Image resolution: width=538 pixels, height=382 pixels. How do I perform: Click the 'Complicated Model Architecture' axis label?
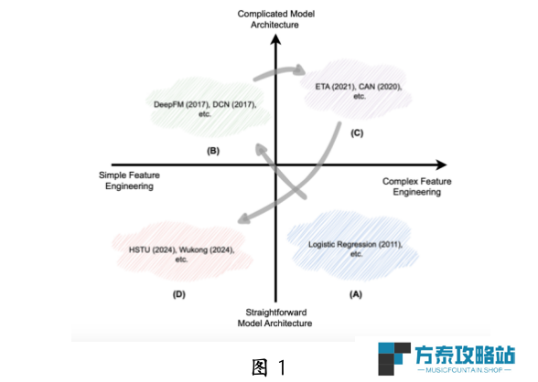coord(276,19)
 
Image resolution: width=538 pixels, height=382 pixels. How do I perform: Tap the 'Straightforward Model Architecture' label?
coord(274,318)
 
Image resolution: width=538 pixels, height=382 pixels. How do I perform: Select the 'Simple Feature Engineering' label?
coord(129,181)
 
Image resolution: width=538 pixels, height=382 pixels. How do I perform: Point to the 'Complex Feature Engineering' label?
coord(417,186)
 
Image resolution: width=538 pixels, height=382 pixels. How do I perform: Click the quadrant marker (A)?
coord(356,294)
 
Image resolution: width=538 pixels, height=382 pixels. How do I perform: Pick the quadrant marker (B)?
coord(213,151)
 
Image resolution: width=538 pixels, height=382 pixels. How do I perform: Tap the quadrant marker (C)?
coord(357,133)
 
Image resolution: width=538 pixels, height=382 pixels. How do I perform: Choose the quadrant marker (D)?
coord(179,294)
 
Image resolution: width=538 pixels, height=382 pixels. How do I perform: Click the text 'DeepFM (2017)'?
coord(181,104)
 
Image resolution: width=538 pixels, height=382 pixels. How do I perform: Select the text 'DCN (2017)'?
coord(234,104)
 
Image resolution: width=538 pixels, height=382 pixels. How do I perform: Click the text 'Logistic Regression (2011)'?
coord(355,244)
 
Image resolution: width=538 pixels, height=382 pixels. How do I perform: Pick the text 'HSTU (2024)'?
coord(152,249)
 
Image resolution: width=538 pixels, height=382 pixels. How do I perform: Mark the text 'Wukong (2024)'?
coord(207,249)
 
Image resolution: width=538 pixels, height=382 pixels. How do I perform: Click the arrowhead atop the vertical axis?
coord(275,39)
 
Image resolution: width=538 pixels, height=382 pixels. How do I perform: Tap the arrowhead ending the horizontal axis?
coord(442,164)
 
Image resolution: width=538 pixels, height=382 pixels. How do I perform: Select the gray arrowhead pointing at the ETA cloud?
coord(300,69)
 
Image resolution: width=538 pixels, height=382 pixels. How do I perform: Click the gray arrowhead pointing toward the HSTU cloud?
coord(244,218)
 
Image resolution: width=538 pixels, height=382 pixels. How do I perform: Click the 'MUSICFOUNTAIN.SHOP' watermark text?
coord(464,370)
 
